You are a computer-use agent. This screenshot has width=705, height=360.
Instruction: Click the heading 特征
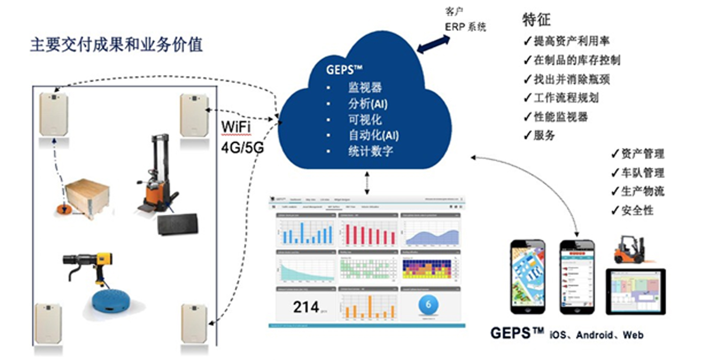[536, 20]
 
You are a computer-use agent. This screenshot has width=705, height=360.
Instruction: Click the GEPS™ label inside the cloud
[344, 69]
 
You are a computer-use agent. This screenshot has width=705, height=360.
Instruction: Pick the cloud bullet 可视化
[365, 119]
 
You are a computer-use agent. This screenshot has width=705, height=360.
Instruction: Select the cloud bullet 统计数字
[370, 151]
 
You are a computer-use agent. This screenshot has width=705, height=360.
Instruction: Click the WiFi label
[236, 127]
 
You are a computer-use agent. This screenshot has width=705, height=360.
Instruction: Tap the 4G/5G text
[242, 148]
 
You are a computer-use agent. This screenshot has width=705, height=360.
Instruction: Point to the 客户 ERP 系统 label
[465, 20]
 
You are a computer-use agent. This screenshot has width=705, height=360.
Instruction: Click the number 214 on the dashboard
[306, 307]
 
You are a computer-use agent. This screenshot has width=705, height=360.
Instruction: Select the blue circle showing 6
[428, 305]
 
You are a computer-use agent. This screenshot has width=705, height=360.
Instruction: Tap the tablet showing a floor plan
[635, 292]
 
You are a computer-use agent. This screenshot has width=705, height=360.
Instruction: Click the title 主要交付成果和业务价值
[116, 45]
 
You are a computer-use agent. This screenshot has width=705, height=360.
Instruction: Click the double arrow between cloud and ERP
[433, 44]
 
